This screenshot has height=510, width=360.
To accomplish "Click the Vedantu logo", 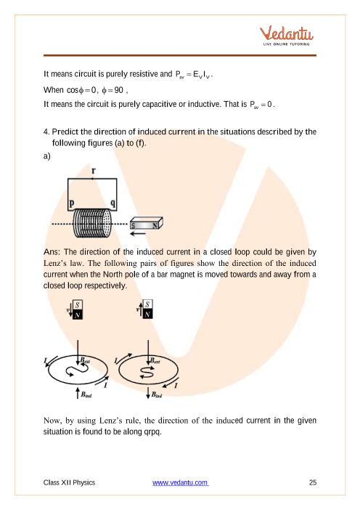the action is [x=286, y=36].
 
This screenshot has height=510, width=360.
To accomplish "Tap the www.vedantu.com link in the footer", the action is [x=180, y=482].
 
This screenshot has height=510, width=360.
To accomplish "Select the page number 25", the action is [x=313, y=482].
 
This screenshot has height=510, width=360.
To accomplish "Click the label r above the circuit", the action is [x=94, y=171].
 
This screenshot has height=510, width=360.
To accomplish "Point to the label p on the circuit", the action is [x=72, y=203].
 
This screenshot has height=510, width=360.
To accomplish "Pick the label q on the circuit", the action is [x=112, y=203].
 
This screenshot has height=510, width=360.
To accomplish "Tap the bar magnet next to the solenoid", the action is [x=146, y=224].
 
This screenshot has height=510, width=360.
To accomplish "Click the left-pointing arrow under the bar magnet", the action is [x=137, y=233].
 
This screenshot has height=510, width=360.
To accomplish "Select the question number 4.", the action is [x=46, y=131].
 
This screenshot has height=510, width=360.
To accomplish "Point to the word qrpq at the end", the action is [x=152, y=432].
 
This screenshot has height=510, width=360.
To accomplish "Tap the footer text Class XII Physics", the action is [x=69, y=482].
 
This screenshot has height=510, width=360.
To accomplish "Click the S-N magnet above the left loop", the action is [x=78, y=309].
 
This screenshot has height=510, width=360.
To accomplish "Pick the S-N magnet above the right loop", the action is [x=147, y=309].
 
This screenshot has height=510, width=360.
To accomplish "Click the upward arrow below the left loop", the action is [x=78, y=392].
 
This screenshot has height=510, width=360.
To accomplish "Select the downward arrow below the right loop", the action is [x=148, y=392].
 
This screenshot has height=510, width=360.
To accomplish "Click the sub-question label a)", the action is [x=47, y=156].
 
